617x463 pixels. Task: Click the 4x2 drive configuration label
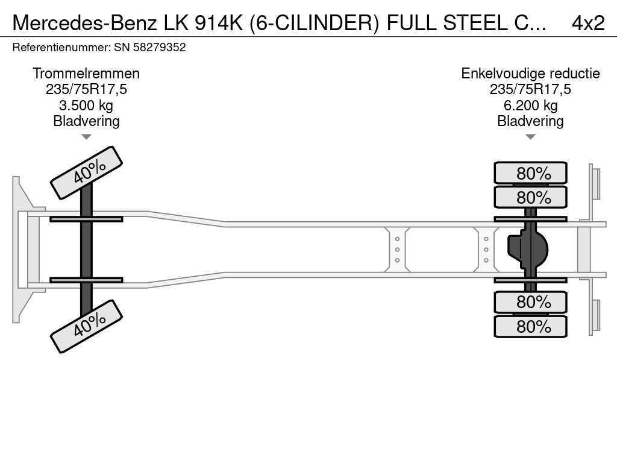[x=587, y=23]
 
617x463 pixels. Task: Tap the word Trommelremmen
[x=86, y=74]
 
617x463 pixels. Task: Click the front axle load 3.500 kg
[x=86, y=106]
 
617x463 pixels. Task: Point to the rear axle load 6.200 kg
[x=530, y=106]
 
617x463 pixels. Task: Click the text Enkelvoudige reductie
[x=530, y=74]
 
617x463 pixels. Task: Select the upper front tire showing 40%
[x=86, y=172]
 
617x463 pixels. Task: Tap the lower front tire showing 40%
[x=86, y=327]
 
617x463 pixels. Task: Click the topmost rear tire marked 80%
[x=530, y=173]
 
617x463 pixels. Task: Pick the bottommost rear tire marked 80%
[x=530, y=327]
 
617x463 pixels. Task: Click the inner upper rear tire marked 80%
[x=530, y=197]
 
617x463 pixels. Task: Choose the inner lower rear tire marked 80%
[x=530, y=301]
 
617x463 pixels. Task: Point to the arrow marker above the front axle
[x=86, y=137]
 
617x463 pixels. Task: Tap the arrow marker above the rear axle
[x=530, y=137]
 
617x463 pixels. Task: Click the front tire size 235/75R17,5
[x=86, y=90]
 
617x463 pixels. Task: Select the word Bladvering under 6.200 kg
[x=530, y=121]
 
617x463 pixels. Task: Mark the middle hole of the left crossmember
[x=398, y=250]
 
